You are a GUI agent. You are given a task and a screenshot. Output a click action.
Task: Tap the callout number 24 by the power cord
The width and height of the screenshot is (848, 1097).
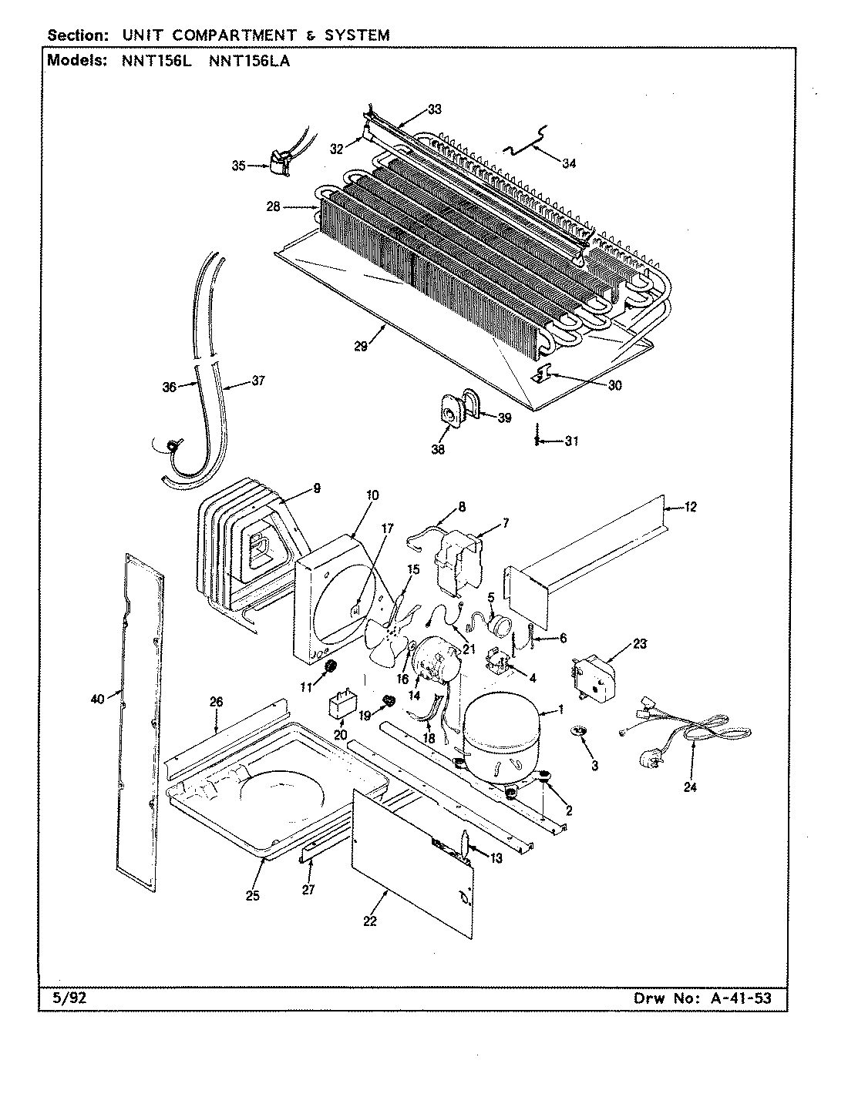click(690, 787)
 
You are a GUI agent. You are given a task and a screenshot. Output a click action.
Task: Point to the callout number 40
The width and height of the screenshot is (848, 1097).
click(96, 699)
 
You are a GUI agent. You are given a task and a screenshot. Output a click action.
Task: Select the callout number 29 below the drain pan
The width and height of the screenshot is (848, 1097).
click(362, 347)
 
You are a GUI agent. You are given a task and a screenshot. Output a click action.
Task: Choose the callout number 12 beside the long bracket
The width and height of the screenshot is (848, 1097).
click(690, 506)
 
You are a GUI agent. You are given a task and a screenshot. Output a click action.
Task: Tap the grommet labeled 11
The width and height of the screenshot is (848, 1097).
click(331, 666)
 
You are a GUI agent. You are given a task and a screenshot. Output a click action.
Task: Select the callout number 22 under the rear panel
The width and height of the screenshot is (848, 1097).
click(370, 921)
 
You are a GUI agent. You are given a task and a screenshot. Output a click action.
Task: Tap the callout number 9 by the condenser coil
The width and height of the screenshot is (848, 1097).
click(316, 488)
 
